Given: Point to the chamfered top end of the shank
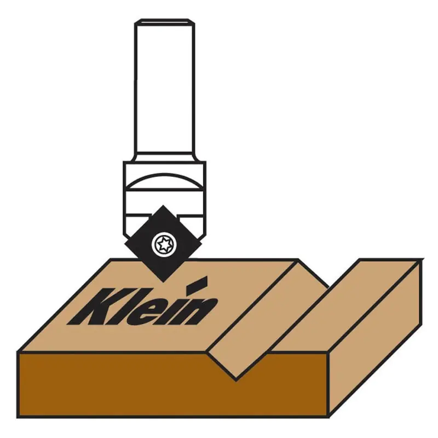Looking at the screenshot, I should (164, 23).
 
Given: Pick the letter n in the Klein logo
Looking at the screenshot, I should (197, 310).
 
